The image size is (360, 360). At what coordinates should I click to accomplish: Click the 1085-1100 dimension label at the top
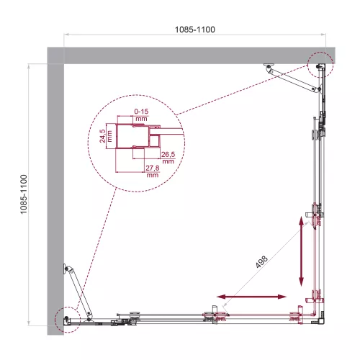coord(194,30)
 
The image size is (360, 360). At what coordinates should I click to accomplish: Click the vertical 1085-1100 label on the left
coord(24,194)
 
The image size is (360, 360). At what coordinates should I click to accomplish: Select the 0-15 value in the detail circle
coord(142,110)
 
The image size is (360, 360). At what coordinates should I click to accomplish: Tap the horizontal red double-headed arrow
coord(251,296)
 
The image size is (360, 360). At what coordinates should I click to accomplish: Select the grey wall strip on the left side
coord(55,194)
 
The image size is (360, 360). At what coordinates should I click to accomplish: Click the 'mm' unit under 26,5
coord(168,161)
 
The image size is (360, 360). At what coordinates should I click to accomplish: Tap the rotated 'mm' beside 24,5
coord(111,134)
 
